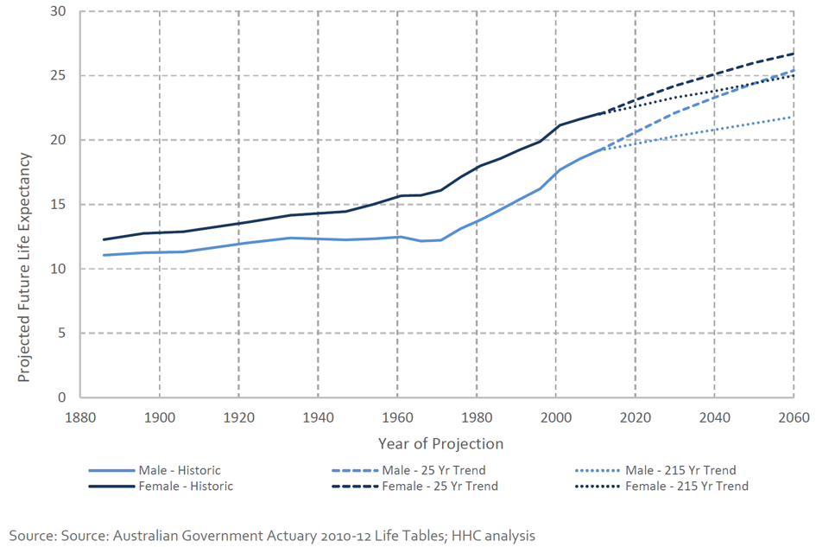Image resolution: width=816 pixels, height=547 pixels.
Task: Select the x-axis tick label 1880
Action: click(79, 416)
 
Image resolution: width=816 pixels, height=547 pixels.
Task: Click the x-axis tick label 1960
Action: click(396, 416)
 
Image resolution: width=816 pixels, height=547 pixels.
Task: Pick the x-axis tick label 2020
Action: click(635, 416)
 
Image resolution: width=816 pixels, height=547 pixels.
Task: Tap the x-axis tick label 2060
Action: click(793, 416)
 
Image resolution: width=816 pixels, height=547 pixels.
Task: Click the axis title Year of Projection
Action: click(440, 443)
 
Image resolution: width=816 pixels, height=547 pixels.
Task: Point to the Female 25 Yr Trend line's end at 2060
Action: click(793, 54)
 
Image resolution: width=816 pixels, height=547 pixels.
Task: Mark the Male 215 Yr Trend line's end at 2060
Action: click(793, 117)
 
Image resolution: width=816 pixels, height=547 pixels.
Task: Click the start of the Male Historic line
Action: click(104, 255)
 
